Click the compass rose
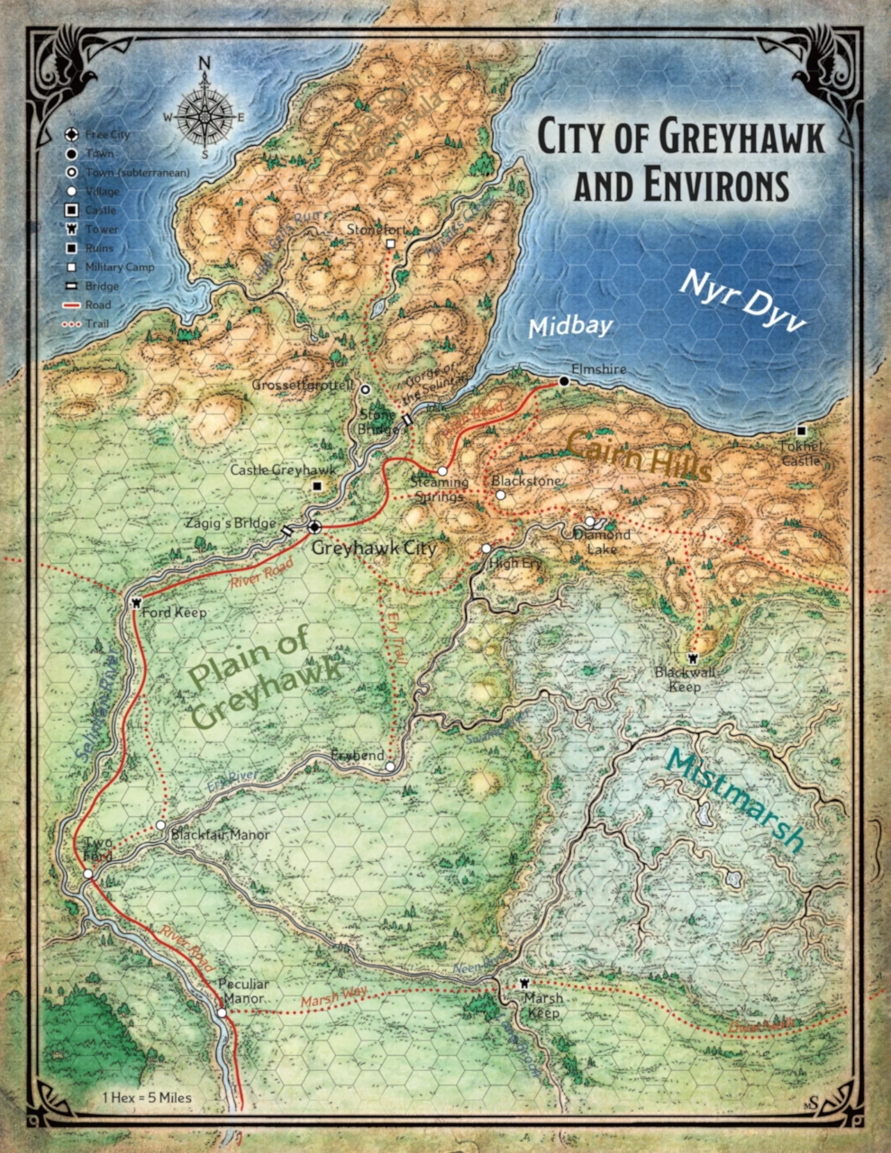click(205, 114)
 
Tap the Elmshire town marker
click(563, 382)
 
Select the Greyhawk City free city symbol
click(314, 527)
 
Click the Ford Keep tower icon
click(135, 602)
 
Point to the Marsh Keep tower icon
click(524, 983)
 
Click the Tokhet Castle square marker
click(802, 431)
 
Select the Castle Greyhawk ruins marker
click(316, 486)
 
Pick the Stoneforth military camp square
click(390, 244)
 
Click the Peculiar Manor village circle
click(222, 1014)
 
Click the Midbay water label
click(558, 328)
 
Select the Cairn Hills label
click(638, 454)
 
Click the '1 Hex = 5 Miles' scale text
click(147, 1097)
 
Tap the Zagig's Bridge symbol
click(287, 531)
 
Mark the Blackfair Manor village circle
click(160, 825)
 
